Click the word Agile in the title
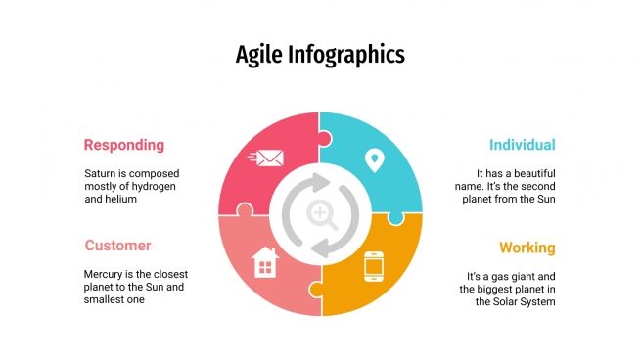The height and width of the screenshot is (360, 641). [258, 54]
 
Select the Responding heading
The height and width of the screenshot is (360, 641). [123, 145]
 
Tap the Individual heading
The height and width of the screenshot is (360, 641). [522, 145]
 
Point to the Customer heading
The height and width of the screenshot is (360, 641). [117, 246]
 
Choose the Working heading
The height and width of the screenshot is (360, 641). [527, 247]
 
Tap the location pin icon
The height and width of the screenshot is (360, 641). [373, 159]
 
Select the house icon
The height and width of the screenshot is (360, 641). [265, 262]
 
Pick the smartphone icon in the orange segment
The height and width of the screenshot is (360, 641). [373, 266]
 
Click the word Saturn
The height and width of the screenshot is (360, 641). [101, 173]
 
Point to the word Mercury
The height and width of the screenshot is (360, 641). [106, 275]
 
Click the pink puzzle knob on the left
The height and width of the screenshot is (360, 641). [243, 210]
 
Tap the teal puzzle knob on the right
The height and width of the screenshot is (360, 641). [395, 216]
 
